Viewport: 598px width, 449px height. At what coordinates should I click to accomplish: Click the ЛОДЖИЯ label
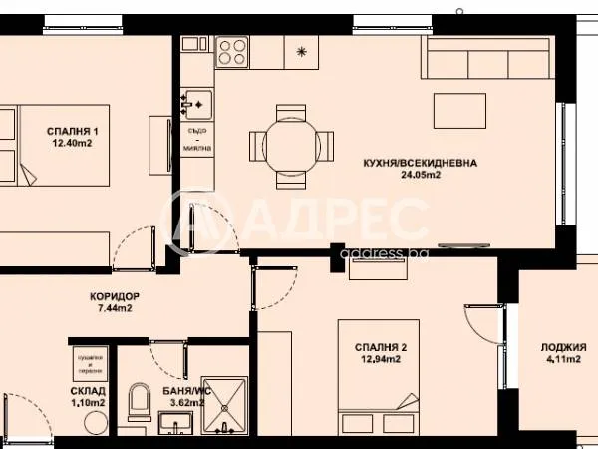(x=563, y=347)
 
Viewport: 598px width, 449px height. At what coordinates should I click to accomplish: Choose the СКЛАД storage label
(x=87, y=393)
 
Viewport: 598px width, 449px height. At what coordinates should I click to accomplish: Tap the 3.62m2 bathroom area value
(x=186, y=404)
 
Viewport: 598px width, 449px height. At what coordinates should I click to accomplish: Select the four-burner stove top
(x=234, y=51)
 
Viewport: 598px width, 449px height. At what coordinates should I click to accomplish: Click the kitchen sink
(x=196, y=101)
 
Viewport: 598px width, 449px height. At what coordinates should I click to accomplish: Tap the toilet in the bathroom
(x=139, y=401)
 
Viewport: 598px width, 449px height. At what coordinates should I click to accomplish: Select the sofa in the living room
(x=487, y=60)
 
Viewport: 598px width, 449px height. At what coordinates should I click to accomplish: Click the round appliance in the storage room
(x=95, y=421)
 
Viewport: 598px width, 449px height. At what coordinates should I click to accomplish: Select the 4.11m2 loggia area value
(x=563, y=360)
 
